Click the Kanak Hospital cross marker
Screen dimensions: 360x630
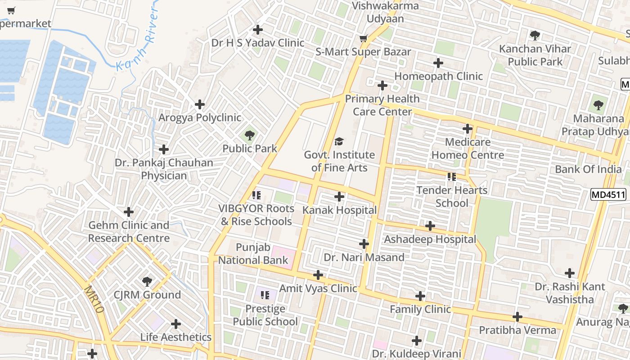click(x=339, y=197)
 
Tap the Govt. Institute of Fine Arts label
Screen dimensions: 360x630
click(x=339, y=161)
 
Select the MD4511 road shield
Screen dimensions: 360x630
click(x=608, y=195)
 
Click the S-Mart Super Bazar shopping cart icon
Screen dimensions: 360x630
click(x=363, y=39)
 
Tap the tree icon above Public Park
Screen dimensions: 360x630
click(x=249, y=135)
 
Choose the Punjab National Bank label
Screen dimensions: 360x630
click(x=253, y=253)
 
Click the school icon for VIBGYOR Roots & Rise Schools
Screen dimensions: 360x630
click(x=256, y=195)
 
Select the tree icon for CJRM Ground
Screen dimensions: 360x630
click(x=147, y=282)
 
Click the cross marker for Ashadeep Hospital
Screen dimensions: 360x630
click(x=430, y=226)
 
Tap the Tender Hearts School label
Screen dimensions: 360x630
click(x=452, y=197)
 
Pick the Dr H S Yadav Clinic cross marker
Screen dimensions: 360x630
click(x=258, y=30)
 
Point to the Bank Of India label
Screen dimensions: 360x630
click(x=588, y=169)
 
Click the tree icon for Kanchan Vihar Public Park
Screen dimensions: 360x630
click(x=535, y=35)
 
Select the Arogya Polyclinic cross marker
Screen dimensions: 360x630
click(x=200, y=104)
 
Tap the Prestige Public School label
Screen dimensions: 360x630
click(x=265, y=315)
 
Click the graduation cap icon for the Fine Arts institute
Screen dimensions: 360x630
click(x=339, y=142)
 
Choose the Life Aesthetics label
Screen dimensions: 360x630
click(x=175, y=337)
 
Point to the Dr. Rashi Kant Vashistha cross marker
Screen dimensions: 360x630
click(x=570, y=273)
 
